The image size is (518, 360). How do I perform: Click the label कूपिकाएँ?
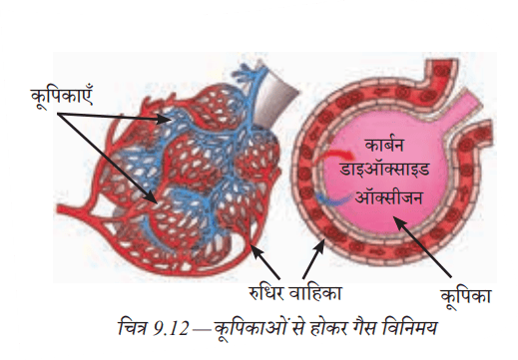pyautogui.click(x=62, y=98)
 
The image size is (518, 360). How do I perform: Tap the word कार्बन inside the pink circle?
pyautogui.click(x=384, y=145)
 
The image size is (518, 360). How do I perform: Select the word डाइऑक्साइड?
pyautogui.click(x=384, y=169)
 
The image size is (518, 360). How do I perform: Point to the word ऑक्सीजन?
pyautogui.click(x=388, y=197)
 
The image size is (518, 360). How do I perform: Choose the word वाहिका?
pyautogui.click(x=315, y=293)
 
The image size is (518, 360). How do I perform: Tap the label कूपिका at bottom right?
pyautogui.click(x=466, y=296)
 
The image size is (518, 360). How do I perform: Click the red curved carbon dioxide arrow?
pyautogui.click(x=338, y=155)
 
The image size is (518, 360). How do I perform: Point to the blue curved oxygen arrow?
pyautogui.click(x=332, y=198)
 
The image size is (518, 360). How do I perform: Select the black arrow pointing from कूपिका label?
pyautogui.click(x=422, y=246)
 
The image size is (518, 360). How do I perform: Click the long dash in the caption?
pyautogui.click(x=201, y=330)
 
